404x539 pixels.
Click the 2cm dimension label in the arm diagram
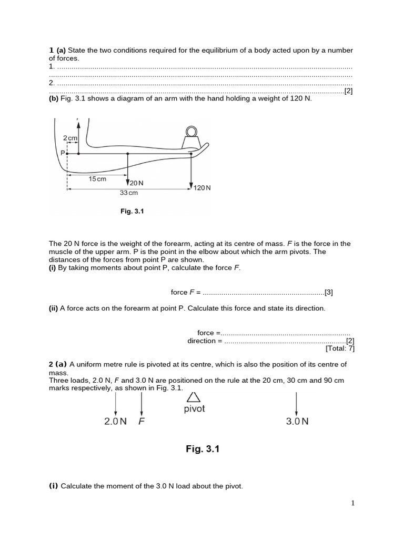coord(70,138)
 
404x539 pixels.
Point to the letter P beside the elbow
coord(63,153)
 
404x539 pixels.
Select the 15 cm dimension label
coord(97,179)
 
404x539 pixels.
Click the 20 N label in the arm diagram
coord(136,183)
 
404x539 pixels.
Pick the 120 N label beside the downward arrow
coord(202,187)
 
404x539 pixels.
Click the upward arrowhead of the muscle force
coord(78,125)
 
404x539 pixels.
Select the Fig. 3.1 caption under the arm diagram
coord(132,212)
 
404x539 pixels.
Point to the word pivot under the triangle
coord(194,409)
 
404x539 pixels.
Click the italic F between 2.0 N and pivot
coord(141,422)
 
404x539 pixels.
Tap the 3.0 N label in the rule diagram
coord(297,422)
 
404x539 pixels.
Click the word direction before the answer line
coord(201,341)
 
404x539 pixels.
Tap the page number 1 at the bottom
coord(353,503)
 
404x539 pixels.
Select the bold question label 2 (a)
coord(58,364)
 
